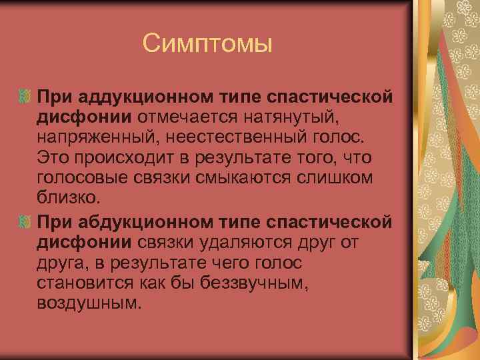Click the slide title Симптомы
coord(207,45)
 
